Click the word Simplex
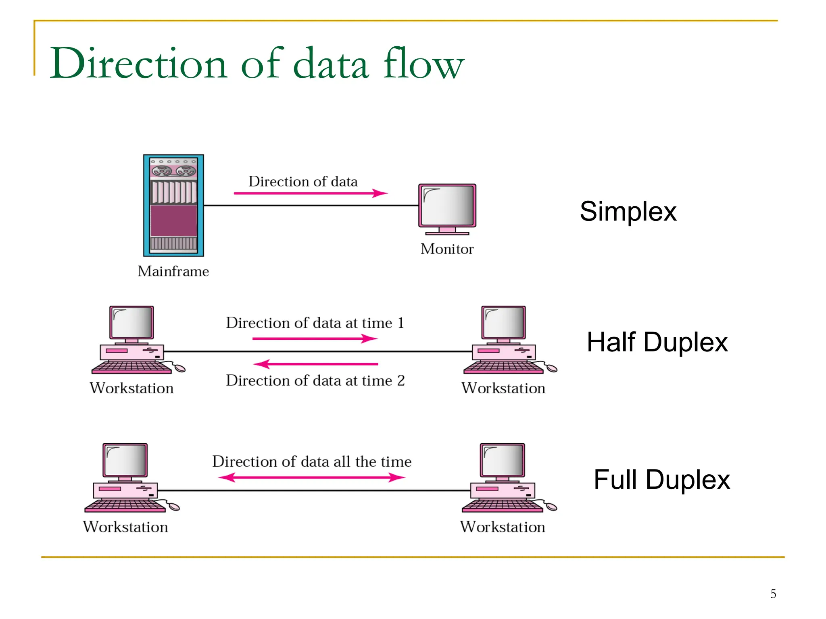coord(628,212)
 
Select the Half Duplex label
coord(657,343)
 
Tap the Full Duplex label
coord(661,480)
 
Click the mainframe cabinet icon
coord(173,206)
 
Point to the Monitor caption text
coord(447,249)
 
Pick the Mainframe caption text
coord(173,271)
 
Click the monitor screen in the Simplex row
coord(447,205)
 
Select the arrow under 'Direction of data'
coord(311,193)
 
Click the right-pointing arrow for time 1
coord(315,339)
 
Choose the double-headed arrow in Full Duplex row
coord(311,478)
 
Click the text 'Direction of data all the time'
coord(312,461)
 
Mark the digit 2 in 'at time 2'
coord(400,380)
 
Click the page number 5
coord(773,594)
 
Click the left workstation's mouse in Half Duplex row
coord(179,368)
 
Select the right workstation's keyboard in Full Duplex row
coord(503,505)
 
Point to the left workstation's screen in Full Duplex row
coord(125,460)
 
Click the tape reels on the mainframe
coord(173,171)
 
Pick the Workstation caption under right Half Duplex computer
coord(503,388)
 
